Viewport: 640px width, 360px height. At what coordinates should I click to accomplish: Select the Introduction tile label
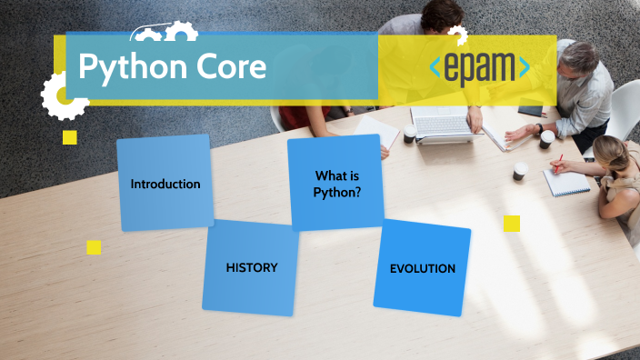coord(165,184)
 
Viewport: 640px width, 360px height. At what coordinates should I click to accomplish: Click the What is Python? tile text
coord(337,184)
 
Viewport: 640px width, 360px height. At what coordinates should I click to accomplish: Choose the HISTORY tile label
coord(252,267)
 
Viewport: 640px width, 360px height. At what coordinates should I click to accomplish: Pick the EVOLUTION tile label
coord(422,268)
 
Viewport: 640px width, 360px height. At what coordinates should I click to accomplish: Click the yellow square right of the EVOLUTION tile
coord(512,224)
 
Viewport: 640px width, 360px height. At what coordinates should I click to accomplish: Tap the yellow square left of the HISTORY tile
coord(94,247)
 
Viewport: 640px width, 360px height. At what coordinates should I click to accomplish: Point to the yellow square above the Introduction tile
coord(70,137)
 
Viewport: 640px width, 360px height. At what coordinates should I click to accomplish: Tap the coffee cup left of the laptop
coord(410,133)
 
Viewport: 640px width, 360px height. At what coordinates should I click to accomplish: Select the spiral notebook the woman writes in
coord(565,182)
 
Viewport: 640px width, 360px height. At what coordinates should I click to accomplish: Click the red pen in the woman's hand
coord(556,162)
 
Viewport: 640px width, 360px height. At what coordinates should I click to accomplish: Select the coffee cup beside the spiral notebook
coord(520,171)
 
